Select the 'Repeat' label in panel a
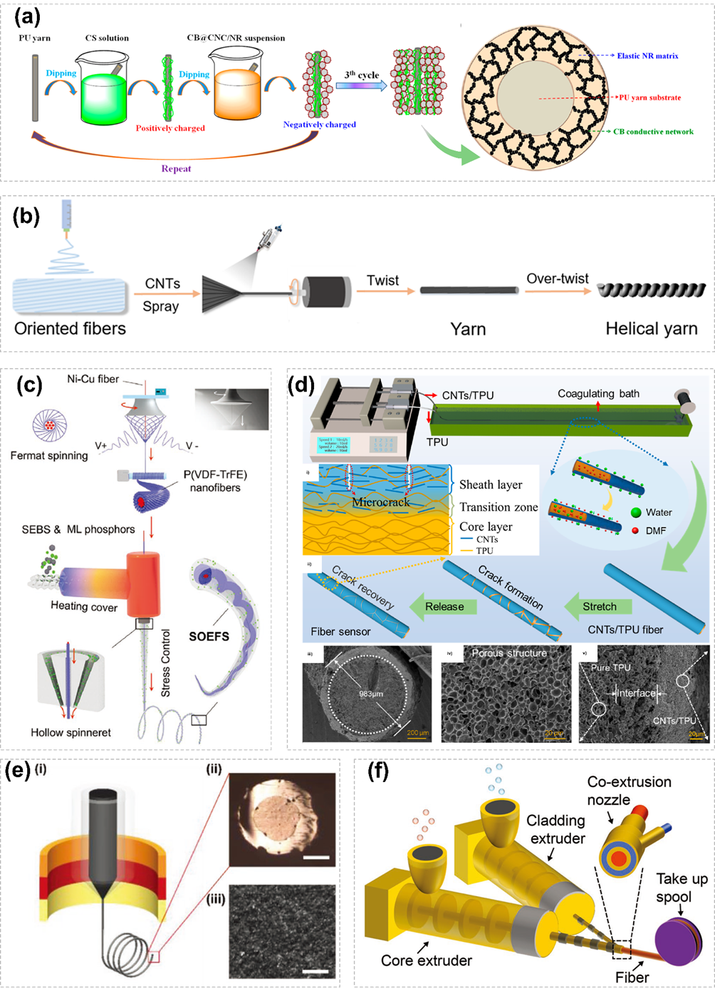(x=176, y=169)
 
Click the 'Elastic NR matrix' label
(x=647, y=56)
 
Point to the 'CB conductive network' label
(x=653, y=131)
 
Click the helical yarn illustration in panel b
(x=651, y=290)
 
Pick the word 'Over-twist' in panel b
(x=558, y=279)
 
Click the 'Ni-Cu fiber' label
(x=93, y=379)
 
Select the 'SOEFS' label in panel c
(x=209, y=636)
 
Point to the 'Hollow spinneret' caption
(x=71, y=732)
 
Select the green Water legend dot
(x=635, y=512)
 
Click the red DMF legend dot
(x=635, y=530)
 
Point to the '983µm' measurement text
(x=371, y=693)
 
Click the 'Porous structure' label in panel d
(x=509, y=652)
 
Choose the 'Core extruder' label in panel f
(x=426, y=960)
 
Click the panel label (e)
(x=18, y=771)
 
